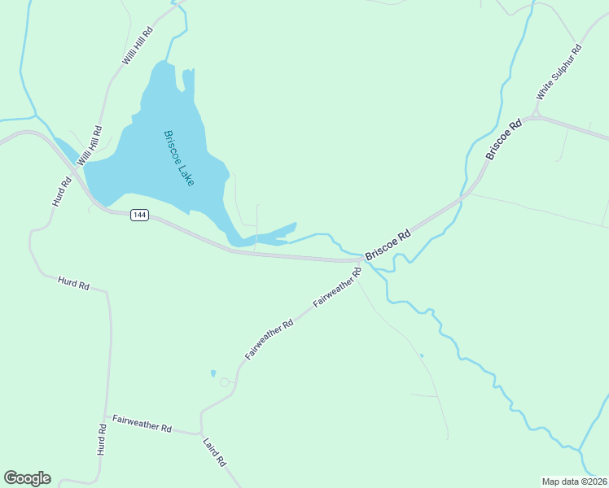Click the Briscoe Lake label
point(178,158)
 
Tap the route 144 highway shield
point(139,215)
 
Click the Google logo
point(27,478)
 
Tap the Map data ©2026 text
point(574,481)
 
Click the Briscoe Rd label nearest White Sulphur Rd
point(502,140)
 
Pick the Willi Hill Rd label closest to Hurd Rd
point(89,147)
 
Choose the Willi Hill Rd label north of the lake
point(137,46)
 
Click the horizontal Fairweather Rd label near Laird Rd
point(142,424)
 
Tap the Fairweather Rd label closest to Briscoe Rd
point(337,288)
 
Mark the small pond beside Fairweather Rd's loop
point(213,373)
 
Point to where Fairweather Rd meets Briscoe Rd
point(364,262)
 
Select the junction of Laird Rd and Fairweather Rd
point(200,433)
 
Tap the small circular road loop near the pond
point(225,381)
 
